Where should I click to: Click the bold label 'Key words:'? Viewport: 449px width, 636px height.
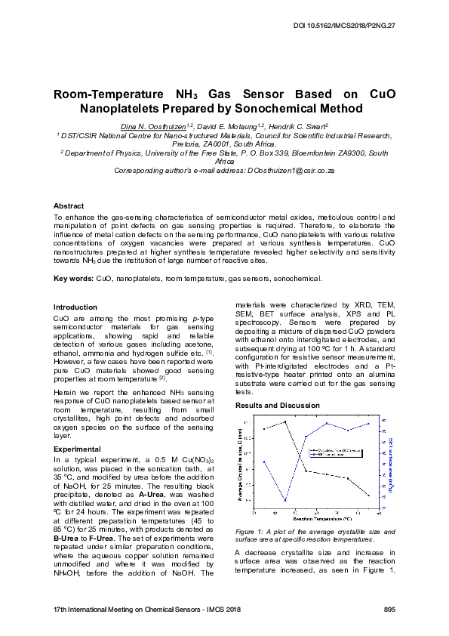[x=74, y=279]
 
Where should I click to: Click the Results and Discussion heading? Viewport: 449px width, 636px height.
[x=278, y=406]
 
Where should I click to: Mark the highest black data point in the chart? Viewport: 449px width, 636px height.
[x=285, y=421]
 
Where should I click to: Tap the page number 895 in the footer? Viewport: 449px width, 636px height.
[x=389, y=608]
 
